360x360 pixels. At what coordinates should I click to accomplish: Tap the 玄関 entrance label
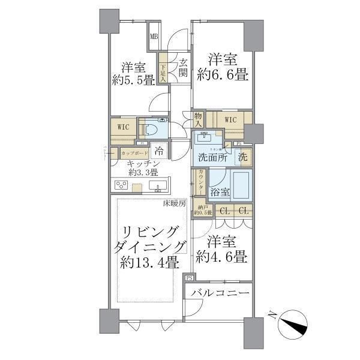pyautogui.click(x=183, y=68)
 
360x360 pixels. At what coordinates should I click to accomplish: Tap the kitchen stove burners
pyautogui.click(x=122, y=185)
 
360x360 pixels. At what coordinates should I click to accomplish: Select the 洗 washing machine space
pyautogui.click(x=243, y=157)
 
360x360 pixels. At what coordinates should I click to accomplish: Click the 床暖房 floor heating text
pyautogui.click(x=175, y=204)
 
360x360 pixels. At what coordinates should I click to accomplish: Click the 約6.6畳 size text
pyautogui.click(x=228, y=75)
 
